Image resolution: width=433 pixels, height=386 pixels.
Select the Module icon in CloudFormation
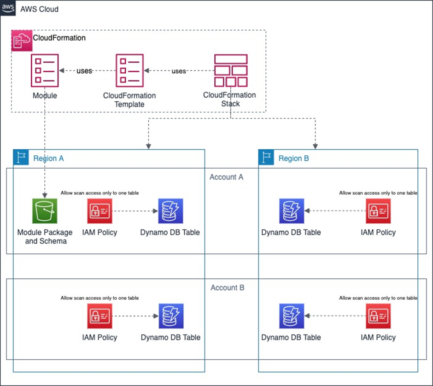pos(45,70)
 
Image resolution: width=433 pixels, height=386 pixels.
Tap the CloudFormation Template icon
pos(129,70)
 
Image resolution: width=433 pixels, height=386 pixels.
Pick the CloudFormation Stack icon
pos(231,70)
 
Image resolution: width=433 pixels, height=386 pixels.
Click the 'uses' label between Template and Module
pos(84,71)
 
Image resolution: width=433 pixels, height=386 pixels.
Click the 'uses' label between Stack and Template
pos(179,71)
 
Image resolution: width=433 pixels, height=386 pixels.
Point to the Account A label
pos(226,177)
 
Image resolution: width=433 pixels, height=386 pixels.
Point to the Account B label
pos(227,287)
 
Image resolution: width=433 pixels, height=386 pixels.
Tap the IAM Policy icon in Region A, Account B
pos(100,316)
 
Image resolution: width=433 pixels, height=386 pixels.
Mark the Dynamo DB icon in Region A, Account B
pos(171,316)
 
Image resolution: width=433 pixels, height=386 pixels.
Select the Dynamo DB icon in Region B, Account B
pos(292,316)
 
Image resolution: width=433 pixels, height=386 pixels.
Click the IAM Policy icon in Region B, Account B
pos(378,316)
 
